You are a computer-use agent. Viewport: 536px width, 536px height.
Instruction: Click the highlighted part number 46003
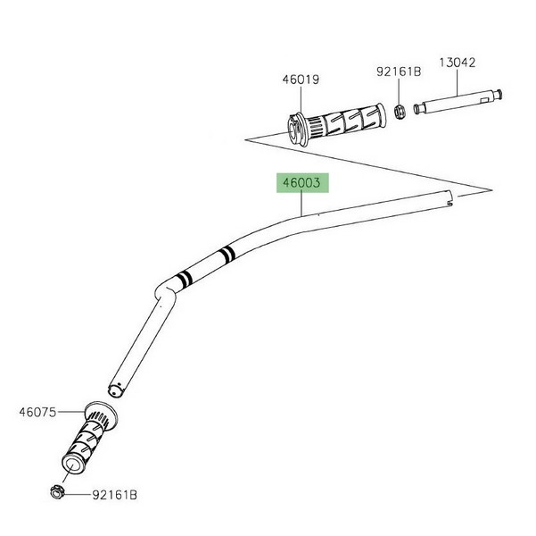[301, 183]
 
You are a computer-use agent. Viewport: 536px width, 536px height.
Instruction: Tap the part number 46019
[301, 80]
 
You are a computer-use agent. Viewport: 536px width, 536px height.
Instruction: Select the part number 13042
[457, 63]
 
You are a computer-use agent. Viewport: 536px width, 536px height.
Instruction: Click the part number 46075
[37, 412]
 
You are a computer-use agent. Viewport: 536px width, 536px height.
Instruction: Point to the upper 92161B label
[399, 71]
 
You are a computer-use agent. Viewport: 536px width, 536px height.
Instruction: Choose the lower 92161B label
[114, 495]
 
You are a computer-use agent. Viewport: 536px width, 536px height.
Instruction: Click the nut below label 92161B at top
[400, 112]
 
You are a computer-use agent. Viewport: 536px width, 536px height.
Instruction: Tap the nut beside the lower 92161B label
[57, 492]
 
